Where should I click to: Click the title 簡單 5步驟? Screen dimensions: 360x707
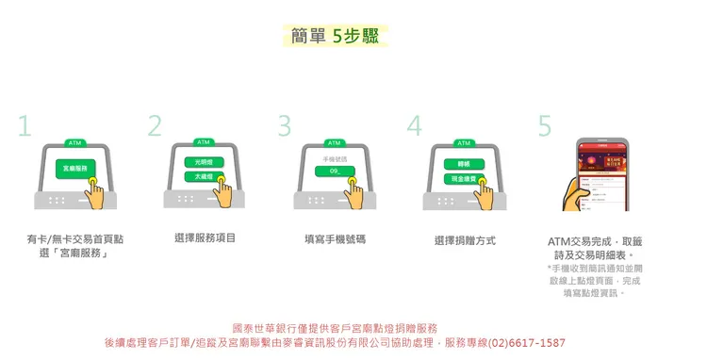click(335, 36)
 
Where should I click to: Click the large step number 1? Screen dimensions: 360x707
click(25, 126)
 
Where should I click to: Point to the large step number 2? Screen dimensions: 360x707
click(155, 126)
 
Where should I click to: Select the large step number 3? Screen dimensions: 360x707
click(285, 126)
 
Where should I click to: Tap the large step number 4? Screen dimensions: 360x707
click(414, 126)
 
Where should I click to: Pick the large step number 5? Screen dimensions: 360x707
click(545, 126)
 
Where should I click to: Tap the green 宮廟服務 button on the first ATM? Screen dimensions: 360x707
click(74, 168)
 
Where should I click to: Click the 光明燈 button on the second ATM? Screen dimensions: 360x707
click(205, 162)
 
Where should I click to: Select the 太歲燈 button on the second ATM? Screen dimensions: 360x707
click(205, 176)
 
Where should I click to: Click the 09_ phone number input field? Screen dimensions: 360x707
click(334, 171)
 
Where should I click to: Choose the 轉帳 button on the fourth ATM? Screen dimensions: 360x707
click(464, 164)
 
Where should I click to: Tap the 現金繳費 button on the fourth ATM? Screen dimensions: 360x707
click(464, 177)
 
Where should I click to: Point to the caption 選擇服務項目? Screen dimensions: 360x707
click(205, 238)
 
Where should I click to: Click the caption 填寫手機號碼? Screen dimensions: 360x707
click(335, 239)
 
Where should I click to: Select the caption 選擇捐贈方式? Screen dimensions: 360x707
click(465, 240)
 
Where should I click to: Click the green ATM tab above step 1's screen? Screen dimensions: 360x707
click(74, 143)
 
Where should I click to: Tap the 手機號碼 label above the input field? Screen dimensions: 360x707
click(334, 158)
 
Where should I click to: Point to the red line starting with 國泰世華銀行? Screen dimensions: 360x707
click(335, 328)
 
